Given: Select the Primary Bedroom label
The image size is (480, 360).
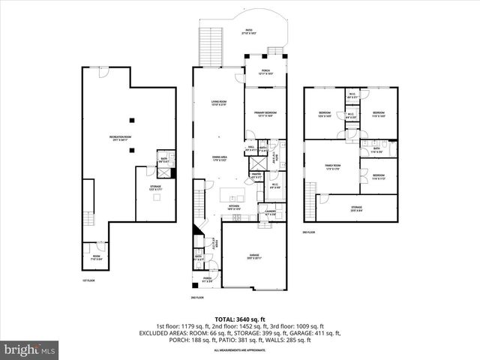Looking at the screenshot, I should point(257,113).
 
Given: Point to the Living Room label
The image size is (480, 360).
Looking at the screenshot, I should point(218,103).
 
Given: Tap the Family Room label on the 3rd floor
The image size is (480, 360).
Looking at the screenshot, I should point(332,166).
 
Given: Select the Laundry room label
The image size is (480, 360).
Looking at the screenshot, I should point(270,213).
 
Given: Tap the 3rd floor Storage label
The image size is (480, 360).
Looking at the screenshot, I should point(356,209).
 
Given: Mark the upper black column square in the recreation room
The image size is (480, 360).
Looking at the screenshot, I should point(132,119).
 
